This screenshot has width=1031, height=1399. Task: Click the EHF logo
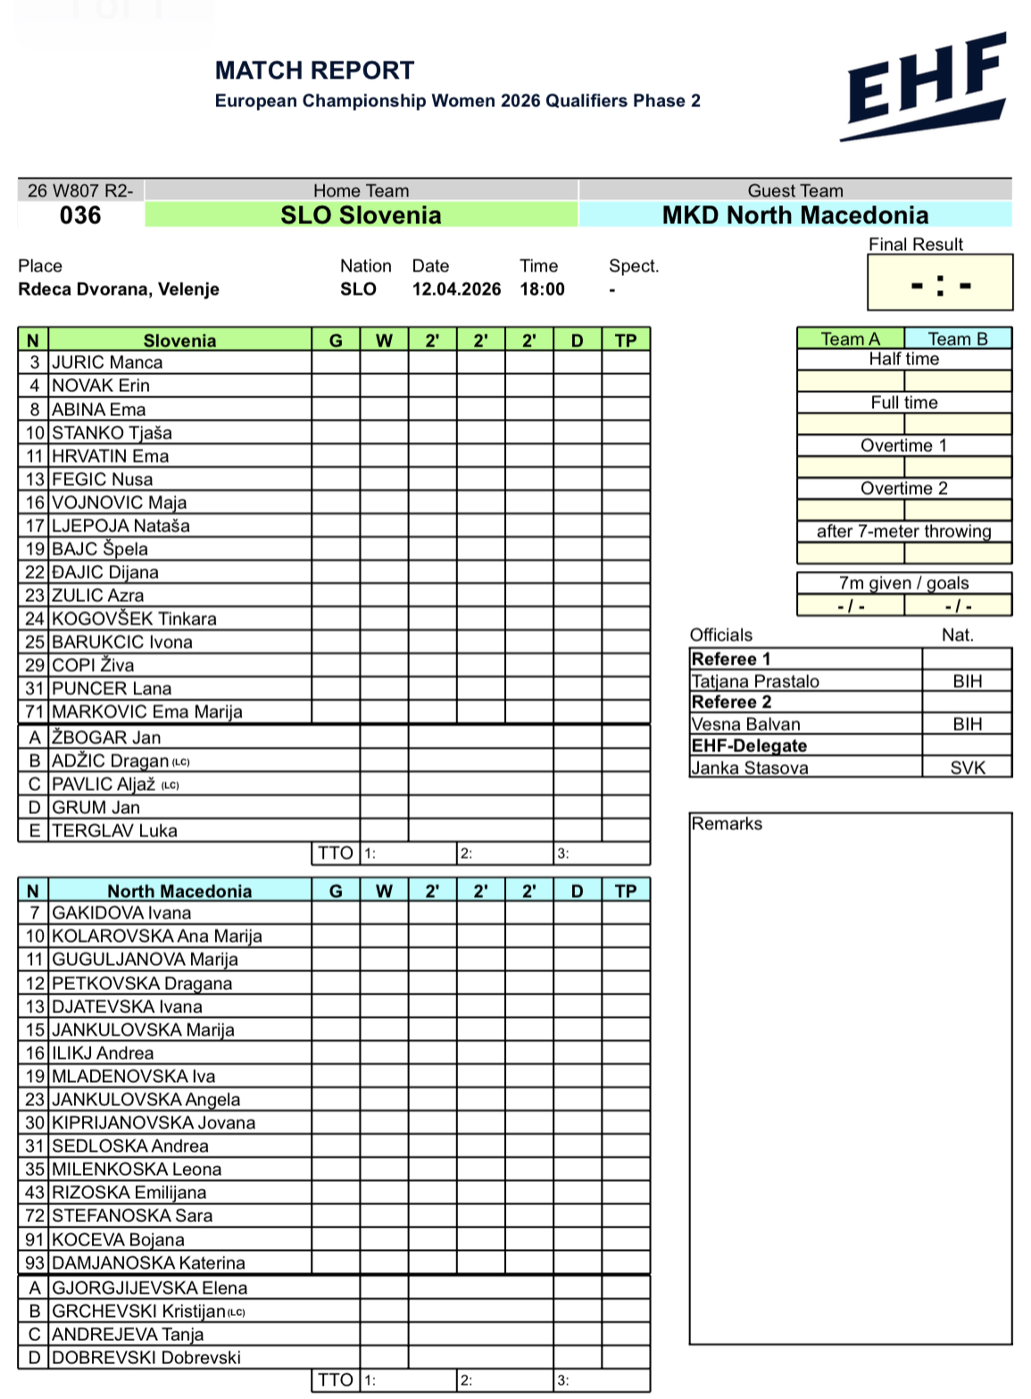coord(924,87)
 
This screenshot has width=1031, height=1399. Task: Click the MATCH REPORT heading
coord(314,71)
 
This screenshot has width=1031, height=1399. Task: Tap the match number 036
coord(80,215)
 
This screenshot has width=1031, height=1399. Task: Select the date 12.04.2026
coord(456,289)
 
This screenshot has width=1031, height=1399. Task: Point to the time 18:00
coord(542,289)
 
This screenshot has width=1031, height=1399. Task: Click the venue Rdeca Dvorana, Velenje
coord(119,289)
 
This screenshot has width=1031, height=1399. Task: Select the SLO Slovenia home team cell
coord(361,215)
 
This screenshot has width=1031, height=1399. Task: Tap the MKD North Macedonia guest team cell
coord(794,215)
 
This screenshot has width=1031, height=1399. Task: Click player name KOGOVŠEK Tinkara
coord(134,619)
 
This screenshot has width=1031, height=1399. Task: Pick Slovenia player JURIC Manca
coord(107,362)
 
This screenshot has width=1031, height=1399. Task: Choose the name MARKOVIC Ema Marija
coord(147,712)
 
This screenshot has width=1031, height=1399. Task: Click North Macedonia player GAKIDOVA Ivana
coord(121,912)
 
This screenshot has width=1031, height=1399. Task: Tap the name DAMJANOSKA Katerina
coord(148,1262)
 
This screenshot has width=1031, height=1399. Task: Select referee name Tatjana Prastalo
coord(755,681)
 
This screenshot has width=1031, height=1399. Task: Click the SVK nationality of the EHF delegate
coord(967,768)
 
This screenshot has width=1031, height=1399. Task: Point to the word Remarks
coord(727,823)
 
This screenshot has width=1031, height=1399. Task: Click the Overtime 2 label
coord(903,488)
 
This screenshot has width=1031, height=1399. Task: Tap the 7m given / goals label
coord(903,583)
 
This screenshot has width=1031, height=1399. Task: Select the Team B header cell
coord(957,339)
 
